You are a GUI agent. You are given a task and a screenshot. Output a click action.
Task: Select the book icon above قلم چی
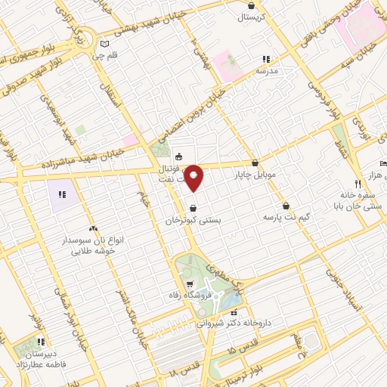(x=115, y=45)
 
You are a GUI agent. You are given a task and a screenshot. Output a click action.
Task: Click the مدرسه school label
(x=267, y=70)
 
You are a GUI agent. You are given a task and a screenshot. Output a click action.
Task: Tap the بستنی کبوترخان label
(x=194, y=220)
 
